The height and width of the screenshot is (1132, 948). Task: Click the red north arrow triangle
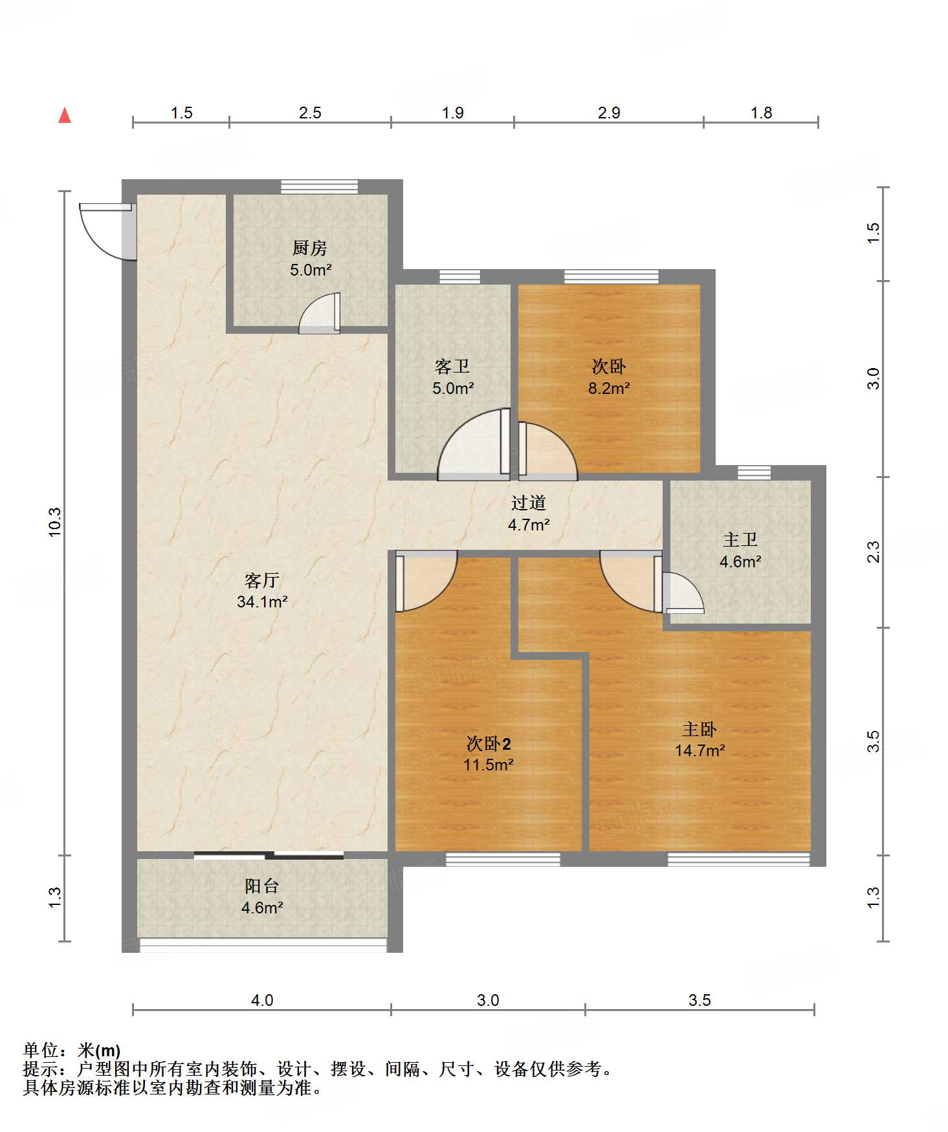(x=65, y=115)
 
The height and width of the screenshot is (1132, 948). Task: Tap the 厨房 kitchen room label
(x=310, y=248)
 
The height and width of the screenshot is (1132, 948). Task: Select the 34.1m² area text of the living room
(x=262, y=602)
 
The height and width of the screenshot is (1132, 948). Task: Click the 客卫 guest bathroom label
(x=452, y=367)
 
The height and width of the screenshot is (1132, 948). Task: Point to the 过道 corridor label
(x=529, y=503)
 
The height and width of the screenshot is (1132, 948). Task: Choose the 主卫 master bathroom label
(x=740, y=539)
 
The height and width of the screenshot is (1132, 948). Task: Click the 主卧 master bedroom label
(x=700, y=730)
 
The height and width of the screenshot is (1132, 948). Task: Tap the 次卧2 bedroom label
(x=489, y=744)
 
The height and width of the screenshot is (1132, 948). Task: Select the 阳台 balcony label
(x=261, y=886)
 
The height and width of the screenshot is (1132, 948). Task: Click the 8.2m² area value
(x=609, y=388)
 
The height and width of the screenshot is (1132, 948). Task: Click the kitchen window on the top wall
(x=320, y=187)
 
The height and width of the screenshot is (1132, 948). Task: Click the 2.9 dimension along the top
(x=609, y=113)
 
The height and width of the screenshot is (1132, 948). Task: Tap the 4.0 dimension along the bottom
(x=262, y=1000)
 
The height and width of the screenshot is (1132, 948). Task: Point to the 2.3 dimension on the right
(x=873, y=552)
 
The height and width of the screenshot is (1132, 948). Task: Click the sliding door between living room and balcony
(x=269, y=855)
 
